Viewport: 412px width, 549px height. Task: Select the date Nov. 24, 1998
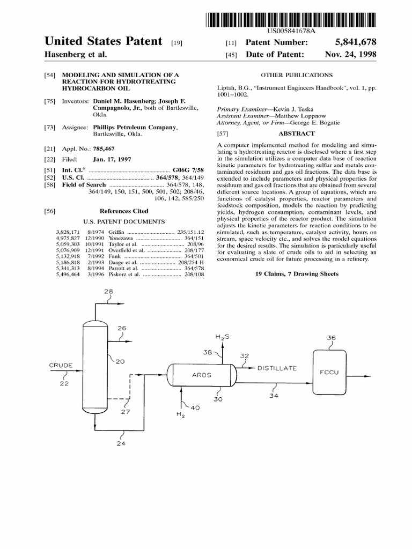(x=350, y=55)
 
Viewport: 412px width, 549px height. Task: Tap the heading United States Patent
(x=103, y=42)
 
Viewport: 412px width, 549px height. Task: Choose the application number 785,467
(x=104, y=149)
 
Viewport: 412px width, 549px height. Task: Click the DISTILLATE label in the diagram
(x=277, y=368)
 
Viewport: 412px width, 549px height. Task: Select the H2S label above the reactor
(x=223, y=337)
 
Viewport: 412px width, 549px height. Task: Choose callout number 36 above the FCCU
(x=331, y=338)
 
